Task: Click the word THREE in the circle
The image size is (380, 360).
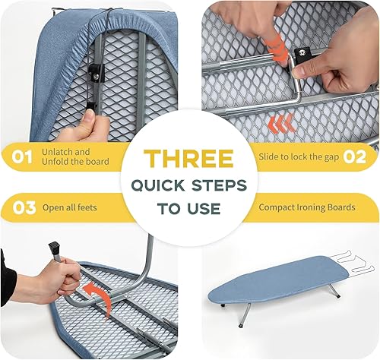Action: point(188,159)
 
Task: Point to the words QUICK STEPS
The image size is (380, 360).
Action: point(188,185)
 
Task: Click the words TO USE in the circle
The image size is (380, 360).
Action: point(188,208)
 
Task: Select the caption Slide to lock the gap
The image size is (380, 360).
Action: point(297,156)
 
